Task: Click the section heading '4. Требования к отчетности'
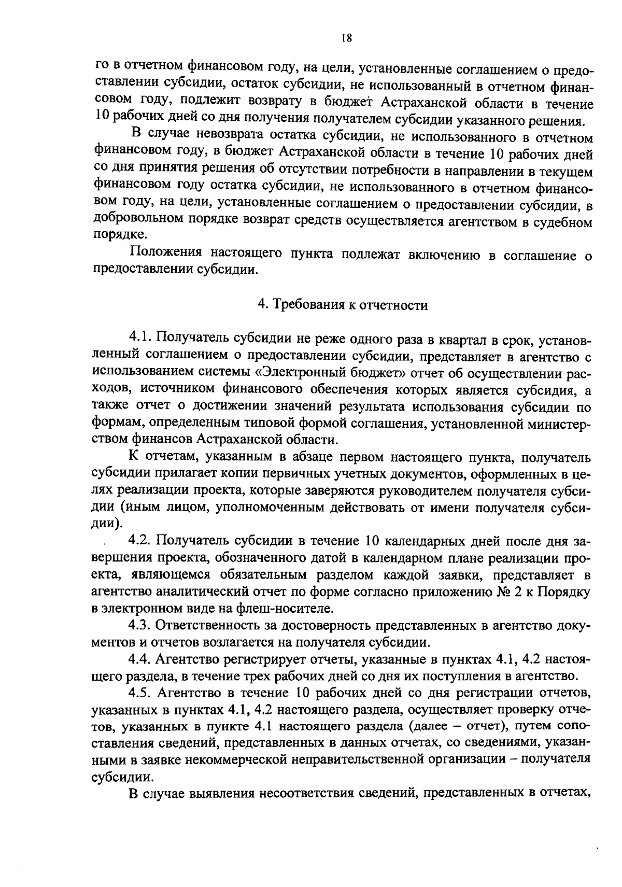[x=343, y=305]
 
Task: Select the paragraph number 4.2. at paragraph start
[x=139, y=541]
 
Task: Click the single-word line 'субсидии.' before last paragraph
[x=118, y=777]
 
